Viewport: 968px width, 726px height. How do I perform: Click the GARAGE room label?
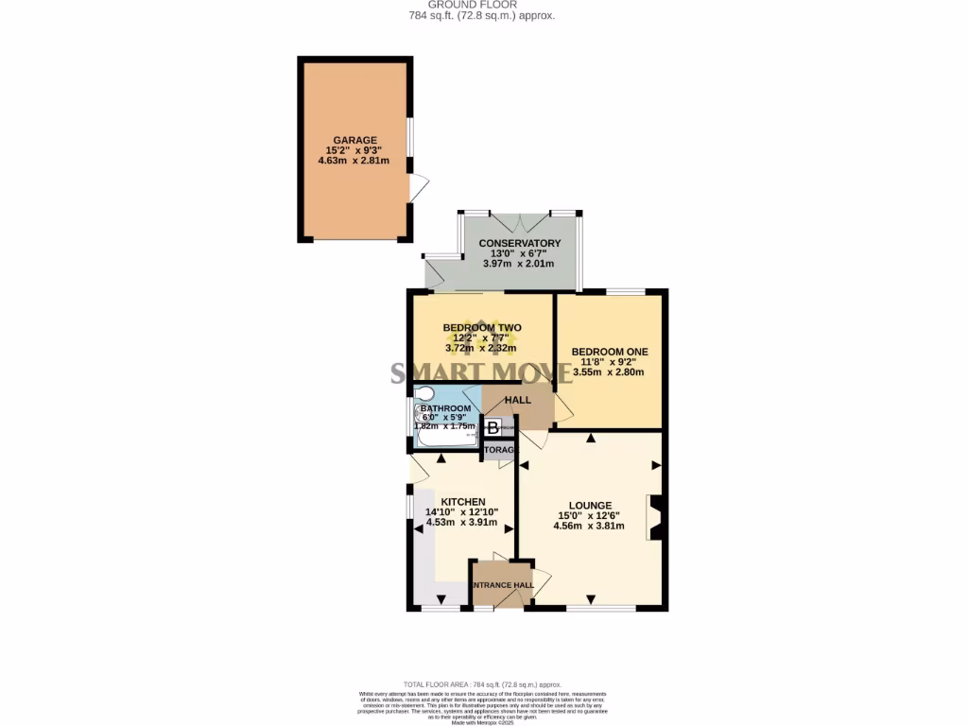[x=354, y=140]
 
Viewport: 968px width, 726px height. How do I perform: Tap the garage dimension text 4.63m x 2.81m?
[x=354, y=161]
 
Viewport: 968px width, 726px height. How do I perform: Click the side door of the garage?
[x=416, y=187]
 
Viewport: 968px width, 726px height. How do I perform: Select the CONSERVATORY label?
[x=519, y=244]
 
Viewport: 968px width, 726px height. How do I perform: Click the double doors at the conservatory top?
[x=519, y=223]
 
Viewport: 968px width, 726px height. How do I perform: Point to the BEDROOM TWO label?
[x=482, y=328]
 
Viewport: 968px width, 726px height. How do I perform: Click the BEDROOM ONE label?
[x=608, y=352]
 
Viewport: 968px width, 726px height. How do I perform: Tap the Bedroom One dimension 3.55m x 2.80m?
[x=608, y=372]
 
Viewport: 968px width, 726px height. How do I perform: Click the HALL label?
[x=517, y=401]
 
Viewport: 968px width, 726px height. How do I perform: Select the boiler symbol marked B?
[x=493, y=428]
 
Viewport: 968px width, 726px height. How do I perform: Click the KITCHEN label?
[x=462, y=502]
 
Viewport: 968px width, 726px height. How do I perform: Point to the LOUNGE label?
[x=589, y=505]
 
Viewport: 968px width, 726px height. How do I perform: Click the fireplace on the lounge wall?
[x=654, y=517]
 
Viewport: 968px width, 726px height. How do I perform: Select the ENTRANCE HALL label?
[x=503, y=585]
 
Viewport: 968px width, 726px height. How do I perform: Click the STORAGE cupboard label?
[x=499, y=450]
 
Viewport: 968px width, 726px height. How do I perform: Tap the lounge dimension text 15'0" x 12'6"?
[x=589, y=515]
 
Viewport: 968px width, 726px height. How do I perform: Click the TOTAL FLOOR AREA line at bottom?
[x=483, y=684]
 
